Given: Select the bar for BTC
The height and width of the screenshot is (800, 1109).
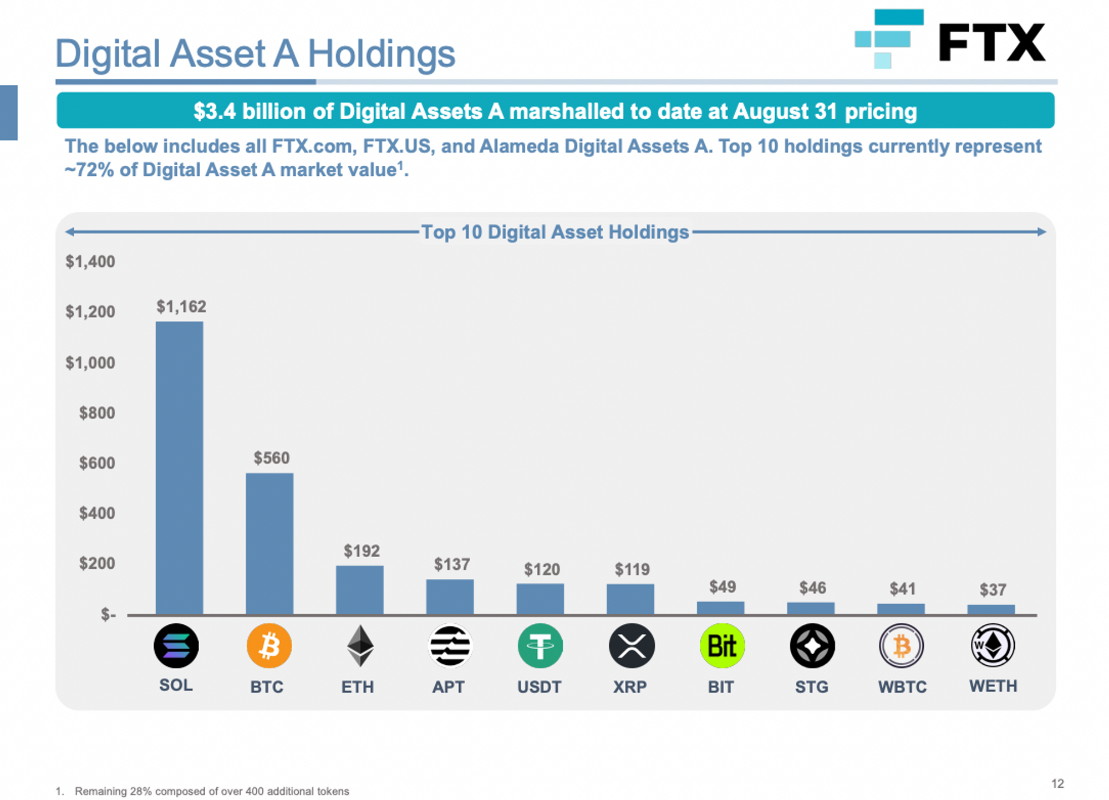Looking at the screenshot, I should (x=269, y=543).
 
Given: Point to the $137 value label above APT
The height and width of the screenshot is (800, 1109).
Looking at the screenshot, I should (x=452, y=564).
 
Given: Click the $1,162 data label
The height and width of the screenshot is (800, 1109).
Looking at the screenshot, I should (x=181, y=307).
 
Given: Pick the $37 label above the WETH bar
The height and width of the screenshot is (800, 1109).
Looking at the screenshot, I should (x=993, y=589).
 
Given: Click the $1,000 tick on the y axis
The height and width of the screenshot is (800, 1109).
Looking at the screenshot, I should (x=90, y=363).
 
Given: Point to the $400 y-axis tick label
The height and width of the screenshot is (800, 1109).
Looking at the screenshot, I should (x=97, y=513).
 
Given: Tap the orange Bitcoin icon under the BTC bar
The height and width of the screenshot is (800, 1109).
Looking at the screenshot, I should (x=269, y=646).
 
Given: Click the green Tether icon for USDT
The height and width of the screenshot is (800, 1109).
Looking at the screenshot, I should (x=540, y=646).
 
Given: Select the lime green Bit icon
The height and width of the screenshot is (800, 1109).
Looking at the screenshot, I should (x=722, y=646).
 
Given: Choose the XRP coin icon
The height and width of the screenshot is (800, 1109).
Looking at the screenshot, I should (x=632, y=646).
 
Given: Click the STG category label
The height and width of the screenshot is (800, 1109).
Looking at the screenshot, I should (x=812, y=687).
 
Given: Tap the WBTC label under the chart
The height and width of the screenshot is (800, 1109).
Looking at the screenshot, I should (x=902, y=687).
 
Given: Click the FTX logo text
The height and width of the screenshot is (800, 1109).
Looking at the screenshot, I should (x=991, y=43).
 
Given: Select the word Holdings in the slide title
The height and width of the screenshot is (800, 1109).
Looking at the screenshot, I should (x=381, y=54).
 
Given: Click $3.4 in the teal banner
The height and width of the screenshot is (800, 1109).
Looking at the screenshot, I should (x=215, y=111).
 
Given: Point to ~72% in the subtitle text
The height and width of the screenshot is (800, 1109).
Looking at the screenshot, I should (x=89, y=170).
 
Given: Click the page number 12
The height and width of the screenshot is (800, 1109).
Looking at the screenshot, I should (x=1057, y=783).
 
